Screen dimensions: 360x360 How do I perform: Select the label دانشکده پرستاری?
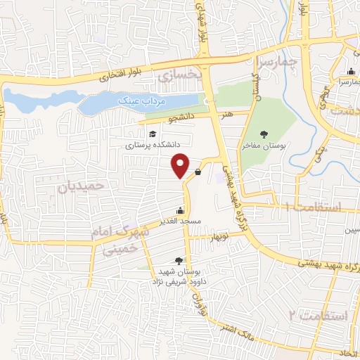(153, 146)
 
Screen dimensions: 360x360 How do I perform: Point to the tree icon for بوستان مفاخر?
(264, 134)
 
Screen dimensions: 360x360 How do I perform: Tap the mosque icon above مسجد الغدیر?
(181, 210)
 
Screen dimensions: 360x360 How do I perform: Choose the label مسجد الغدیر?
(181, 221)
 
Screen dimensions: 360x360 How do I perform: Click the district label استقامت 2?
(318, 315)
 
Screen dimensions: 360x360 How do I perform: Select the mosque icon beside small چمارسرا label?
(351, 72)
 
